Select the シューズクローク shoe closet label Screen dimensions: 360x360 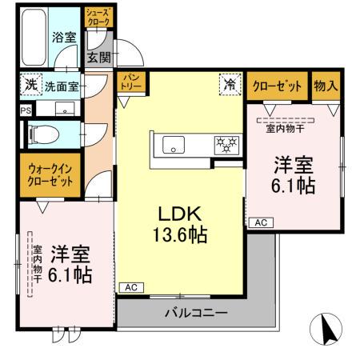coord(100,18)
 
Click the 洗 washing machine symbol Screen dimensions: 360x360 coord(30,83)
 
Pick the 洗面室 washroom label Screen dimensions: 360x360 coord(60,85)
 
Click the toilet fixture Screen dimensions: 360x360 coord(40,134)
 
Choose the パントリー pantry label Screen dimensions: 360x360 coord(130,82)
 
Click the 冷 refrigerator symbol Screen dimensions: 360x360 coord(230,83)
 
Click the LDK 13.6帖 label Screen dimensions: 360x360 coord(182,224)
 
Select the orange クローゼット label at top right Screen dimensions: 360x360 coord(278,86)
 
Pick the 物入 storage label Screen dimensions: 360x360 coord(325,86)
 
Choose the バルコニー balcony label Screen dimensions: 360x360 coord(197,312)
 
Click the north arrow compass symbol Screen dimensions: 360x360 coord(326,329)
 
